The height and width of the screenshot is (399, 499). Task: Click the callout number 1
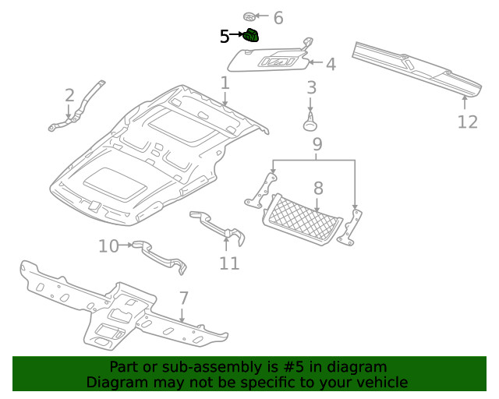(225, 83)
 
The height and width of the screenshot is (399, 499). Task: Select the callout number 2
(69, 95)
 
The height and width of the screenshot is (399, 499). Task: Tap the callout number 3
(311, 88)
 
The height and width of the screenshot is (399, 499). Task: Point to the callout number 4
(331, 64)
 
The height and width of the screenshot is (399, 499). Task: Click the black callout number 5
(225, 36)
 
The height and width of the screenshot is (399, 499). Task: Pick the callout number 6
(278, 18)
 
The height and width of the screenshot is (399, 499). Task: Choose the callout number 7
(184, 298)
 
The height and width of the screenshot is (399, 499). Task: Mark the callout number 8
(318, 188)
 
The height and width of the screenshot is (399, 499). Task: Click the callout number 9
(317, 144)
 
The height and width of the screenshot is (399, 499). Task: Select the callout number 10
(108, 246)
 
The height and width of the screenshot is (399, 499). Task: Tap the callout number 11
(228, 263)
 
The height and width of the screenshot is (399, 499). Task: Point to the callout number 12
(466, 122)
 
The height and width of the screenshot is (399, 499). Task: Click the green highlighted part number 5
(251, 35)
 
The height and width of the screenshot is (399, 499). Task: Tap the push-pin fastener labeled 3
(311, 122)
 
